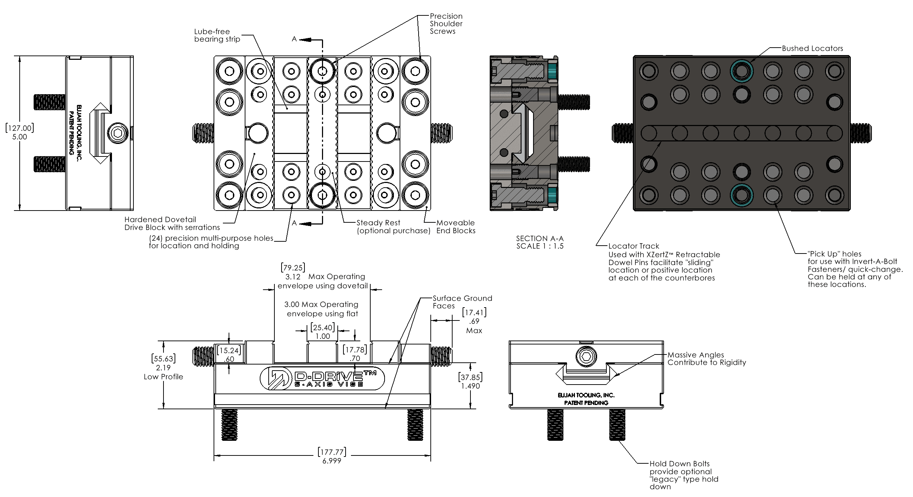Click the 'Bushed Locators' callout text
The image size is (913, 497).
point(812,48)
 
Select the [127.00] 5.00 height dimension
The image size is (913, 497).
point(20,132)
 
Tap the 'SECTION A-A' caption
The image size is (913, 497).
point(539,238)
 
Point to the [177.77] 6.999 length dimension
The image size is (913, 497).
point(332,456)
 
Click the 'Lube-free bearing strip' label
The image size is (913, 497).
point(217,35)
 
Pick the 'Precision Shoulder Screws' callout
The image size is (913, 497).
point(446,24)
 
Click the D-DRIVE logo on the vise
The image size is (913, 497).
point(322,378)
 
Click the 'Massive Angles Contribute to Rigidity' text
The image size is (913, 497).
point(707,358)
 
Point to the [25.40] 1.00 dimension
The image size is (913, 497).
point(323,332)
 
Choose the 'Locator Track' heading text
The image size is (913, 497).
point(634,246)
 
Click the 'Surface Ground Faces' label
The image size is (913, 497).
point(462,302)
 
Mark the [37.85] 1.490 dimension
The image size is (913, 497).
point(470,381)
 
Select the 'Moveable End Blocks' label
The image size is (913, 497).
point(456,227)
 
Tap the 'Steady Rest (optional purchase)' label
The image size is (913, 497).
point(393,227)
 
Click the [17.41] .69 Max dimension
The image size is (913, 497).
point(474,321)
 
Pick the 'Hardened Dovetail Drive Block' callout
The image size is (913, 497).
point(172,223)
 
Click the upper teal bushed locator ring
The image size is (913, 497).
point(741,71)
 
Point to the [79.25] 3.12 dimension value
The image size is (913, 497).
point(293,272)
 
